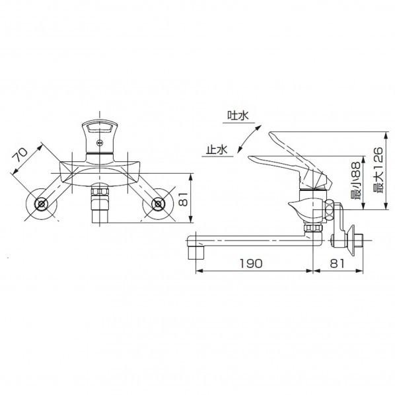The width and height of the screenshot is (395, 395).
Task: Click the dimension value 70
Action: (21, 156)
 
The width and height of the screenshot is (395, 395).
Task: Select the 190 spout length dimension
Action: (252, 263)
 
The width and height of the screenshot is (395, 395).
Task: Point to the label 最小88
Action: (355, 182)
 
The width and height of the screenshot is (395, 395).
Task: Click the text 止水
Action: (216, 151)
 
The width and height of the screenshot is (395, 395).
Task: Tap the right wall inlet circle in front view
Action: (159, 205)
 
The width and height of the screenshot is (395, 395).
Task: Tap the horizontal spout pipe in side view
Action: (251, 238)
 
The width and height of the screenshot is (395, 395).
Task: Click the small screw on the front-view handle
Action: (100, 141)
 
